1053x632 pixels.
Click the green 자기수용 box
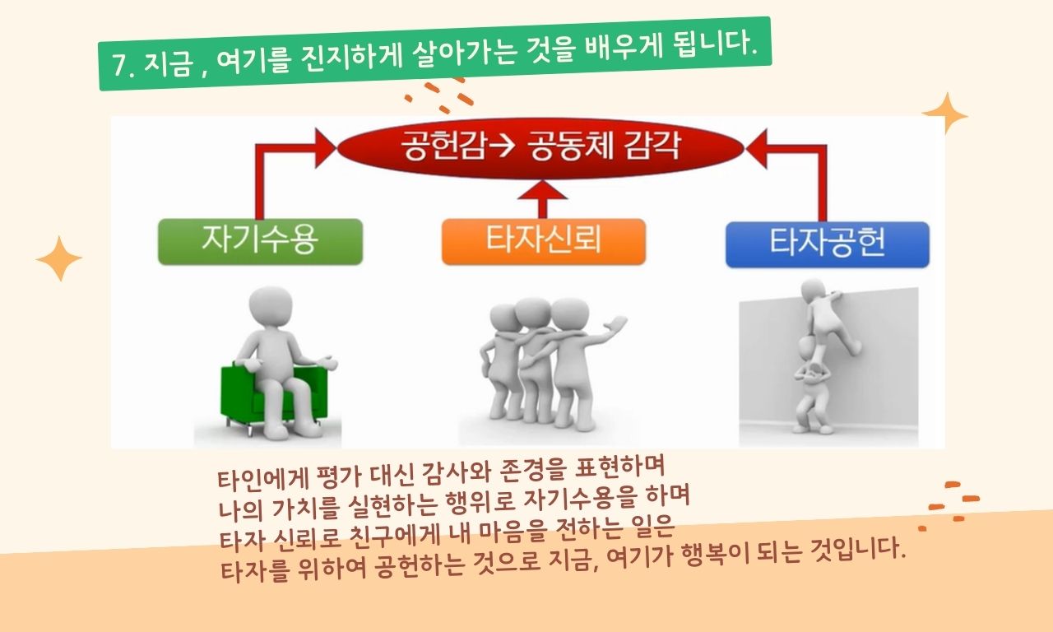point(261,242)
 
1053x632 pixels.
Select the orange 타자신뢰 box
point(544,242)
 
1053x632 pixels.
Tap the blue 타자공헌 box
point(828,244)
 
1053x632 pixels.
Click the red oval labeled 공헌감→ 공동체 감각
point(540,147)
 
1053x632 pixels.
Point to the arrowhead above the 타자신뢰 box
point(542,190)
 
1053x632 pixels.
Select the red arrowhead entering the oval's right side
point(756,149)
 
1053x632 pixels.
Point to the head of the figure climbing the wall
point(814,291)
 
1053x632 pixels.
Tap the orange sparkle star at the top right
point(945,114)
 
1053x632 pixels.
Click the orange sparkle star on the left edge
point(59,258)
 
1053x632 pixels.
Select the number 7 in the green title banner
point(120,65)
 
